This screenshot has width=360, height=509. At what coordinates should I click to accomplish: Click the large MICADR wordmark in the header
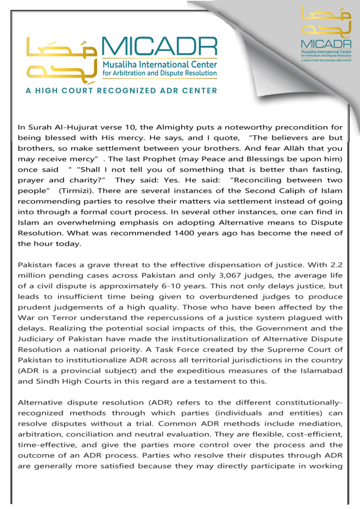coord(159,47)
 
